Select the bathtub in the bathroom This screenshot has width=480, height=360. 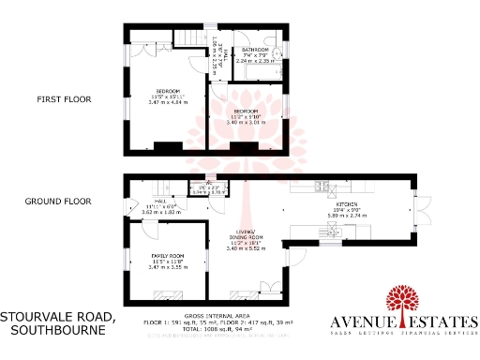(256, 71)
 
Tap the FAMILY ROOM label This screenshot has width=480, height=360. (169, 256)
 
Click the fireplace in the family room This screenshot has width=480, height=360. (169, 292)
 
